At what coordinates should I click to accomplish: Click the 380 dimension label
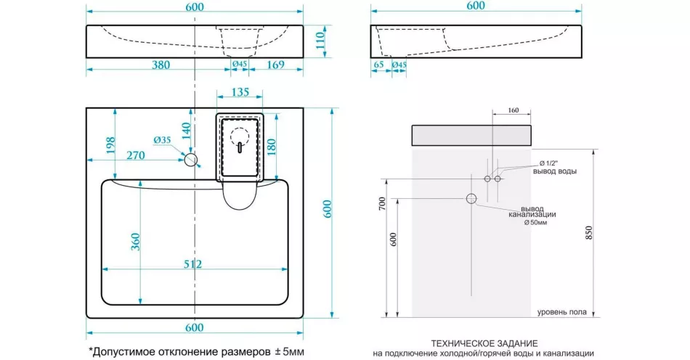pos(161,65)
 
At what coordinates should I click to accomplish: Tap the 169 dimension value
pos(276,65)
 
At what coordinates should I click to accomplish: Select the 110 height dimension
pos(320,41)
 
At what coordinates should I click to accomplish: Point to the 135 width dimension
pos(240,92)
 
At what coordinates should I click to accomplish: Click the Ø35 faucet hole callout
pos(162,140)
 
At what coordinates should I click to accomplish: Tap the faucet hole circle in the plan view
pos(191,160)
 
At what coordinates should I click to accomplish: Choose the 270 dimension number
pos(136,155)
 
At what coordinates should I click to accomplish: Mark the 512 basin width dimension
pos(192,263)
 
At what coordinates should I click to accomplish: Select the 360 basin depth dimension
pos(135,242)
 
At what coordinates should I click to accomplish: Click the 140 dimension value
pos(186,131)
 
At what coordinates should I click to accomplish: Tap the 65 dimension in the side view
pos(378,65)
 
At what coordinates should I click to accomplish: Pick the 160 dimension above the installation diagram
pos(513,110)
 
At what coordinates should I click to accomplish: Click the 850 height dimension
pos(589,233)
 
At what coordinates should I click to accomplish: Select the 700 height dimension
pos(382,203)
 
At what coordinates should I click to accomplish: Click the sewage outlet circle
pos(471,199)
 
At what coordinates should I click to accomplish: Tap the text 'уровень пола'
pos(562,312)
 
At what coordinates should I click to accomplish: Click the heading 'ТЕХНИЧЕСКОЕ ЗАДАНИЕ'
pos(484,343)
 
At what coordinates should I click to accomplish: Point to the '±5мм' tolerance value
pos(289,351)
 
